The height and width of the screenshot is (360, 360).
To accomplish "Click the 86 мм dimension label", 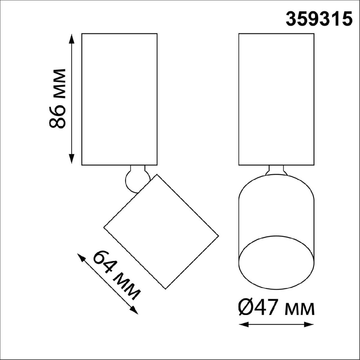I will coord(57,98).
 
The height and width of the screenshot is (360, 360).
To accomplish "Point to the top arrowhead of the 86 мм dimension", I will coord(71,37).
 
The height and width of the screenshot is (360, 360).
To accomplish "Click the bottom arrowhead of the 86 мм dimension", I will coord(71,160).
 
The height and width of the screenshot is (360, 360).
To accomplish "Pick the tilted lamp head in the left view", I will coord(161,232).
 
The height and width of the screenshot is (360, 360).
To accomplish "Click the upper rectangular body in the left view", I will coord(119,99).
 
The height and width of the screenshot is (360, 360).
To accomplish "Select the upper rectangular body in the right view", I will coord(276,99).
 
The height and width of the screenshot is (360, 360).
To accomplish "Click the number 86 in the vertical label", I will coord(57,116).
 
